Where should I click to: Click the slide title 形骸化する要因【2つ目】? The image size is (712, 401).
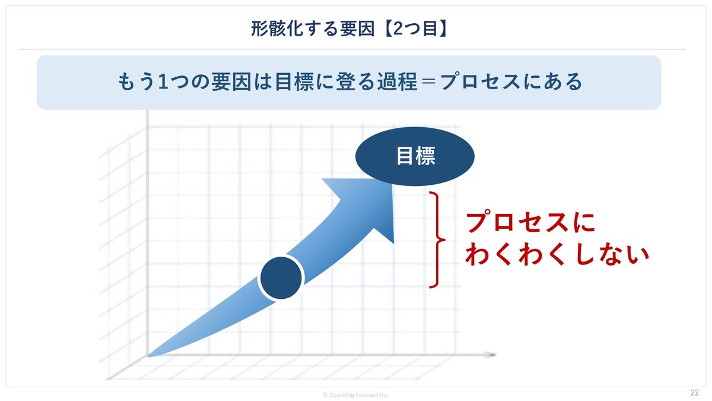pos(349,29)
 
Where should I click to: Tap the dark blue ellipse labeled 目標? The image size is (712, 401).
pos(415,156)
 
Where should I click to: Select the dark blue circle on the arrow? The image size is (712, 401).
pos(281,278)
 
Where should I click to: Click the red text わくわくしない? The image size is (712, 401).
pos(557,255)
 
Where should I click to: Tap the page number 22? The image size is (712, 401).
pos(695,393)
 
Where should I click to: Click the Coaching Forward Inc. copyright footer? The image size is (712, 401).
pos(356,395)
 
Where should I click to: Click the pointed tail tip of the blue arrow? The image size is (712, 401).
pos(149,356)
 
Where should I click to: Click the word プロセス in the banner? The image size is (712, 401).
pos(480,81)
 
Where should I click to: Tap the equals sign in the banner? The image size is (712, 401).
pos(429,82)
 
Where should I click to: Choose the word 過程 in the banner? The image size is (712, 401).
pos(397,81)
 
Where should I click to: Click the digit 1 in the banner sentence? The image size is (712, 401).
pos(163,81)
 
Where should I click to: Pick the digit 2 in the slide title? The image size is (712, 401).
pos(398,29)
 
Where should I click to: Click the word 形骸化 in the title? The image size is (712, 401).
pos(276,29)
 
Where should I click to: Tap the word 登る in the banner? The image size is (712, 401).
pos(355,81)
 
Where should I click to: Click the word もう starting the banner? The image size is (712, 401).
pos(136,81)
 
